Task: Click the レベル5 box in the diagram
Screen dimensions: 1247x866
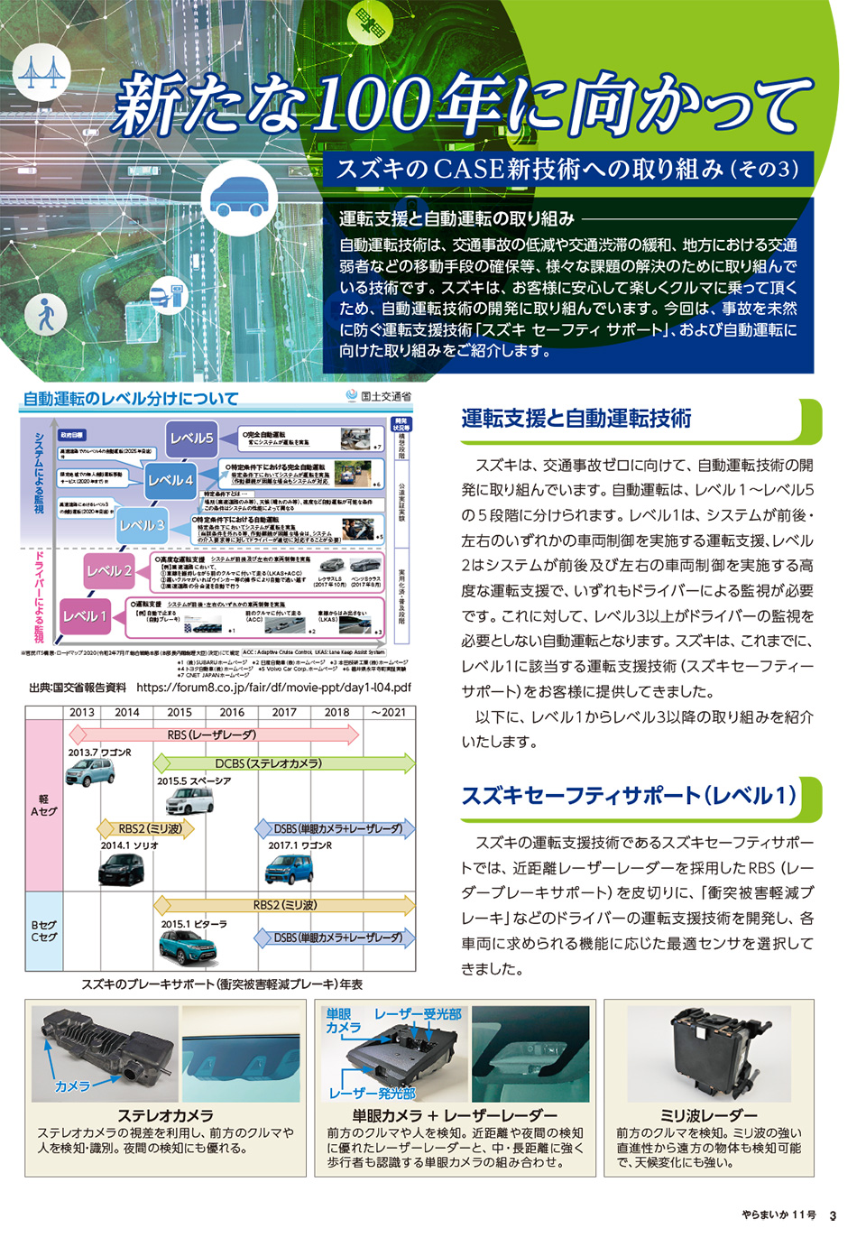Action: tap(191, 438)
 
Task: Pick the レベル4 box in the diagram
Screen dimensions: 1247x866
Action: tap(170, 480)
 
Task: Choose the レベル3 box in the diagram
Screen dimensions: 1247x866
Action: tap(142, 525)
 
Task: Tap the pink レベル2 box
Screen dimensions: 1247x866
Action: tap(109, 570)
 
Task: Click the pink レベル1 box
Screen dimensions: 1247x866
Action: tap(84, 616)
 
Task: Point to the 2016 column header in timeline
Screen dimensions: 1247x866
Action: tap(232, 712)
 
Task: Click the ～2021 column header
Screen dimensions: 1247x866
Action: tap(388, 712)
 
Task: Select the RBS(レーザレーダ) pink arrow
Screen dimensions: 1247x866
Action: tap(212, 734)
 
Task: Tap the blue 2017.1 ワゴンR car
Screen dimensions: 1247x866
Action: tap(289, 869)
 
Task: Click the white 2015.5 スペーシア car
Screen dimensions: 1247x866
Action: tap(189, 800)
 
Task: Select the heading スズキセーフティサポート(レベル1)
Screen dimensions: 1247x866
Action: tap(629, 796)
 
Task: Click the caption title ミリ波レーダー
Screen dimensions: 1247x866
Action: tap(708, 1115)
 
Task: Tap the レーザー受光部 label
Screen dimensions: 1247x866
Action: tap(418, 1014)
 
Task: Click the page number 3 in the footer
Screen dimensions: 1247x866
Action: tap(833, 1215)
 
